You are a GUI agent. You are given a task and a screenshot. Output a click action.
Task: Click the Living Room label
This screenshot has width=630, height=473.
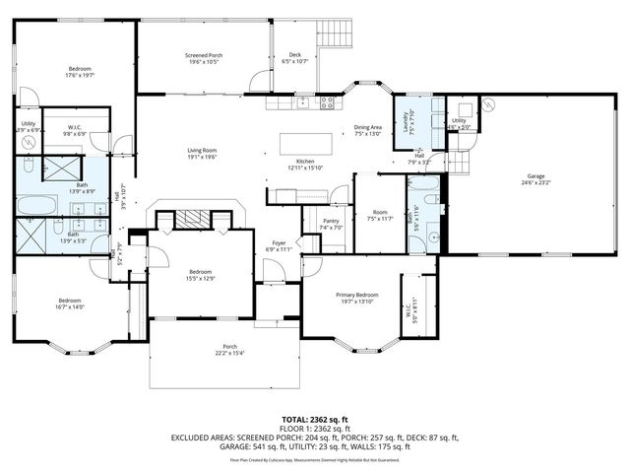pos(202,153)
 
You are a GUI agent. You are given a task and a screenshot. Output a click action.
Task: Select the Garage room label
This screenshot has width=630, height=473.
pos(535,179)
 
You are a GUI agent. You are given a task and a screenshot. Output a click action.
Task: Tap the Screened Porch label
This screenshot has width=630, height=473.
pos(204,58)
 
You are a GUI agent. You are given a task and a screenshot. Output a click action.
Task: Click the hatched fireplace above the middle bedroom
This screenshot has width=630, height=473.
pos(196,219)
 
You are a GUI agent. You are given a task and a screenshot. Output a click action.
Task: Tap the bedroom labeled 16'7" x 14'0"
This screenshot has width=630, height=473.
pos(70,304)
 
